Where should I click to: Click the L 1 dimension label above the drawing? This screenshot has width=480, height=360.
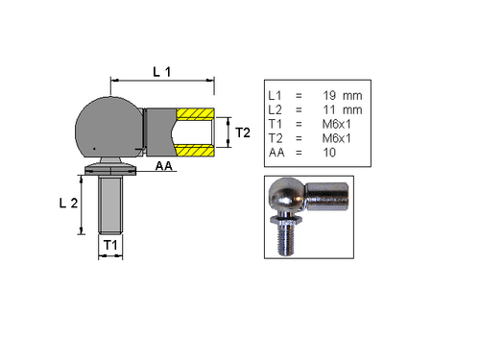point(164,71)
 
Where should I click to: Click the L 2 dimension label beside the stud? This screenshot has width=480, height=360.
point(68,203)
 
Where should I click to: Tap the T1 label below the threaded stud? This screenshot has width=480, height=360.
point(110,247)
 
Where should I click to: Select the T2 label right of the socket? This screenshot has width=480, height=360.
point(244,132)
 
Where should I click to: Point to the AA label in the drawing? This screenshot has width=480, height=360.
point(165,167)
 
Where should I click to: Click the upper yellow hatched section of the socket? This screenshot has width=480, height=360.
point(195,114)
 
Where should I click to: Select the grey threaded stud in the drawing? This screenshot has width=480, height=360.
point(111,206)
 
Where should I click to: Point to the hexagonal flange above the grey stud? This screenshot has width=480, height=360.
point(111,169)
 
